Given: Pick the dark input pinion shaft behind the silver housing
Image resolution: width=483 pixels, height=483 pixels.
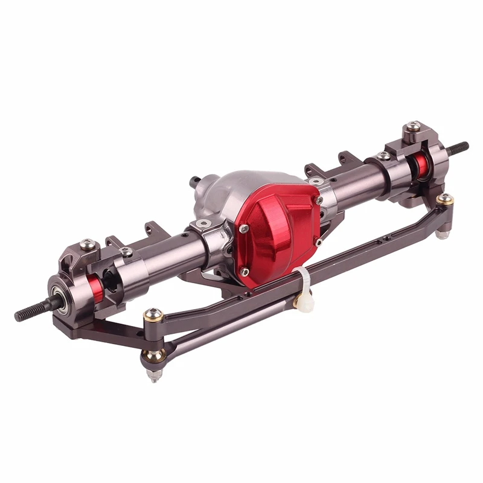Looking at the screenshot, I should (194, 181).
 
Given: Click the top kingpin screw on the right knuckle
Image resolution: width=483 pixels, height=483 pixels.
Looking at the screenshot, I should (413, 126).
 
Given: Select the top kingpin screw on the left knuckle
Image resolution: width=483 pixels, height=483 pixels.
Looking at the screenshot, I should (87, 245).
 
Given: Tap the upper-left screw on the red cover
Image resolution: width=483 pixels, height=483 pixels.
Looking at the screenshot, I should (244, 229).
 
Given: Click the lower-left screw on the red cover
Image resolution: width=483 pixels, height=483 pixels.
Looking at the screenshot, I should (245, 272).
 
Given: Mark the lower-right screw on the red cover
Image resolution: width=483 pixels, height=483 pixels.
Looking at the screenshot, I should (318, 242).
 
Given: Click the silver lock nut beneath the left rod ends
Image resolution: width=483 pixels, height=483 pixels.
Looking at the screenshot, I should (154, 375).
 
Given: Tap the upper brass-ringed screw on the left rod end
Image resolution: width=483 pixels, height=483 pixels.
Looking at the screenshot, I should (153, 314).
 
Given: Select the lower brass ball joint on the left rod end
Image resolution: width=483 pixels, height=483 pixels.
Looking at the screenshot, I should (153, 356).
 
